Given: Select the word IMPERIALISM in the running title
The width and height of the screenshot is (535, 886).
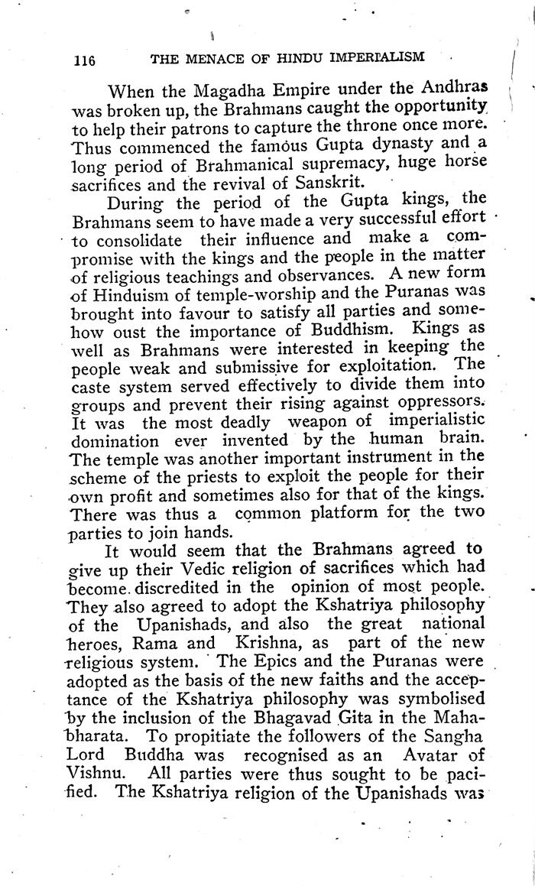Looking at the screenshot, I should tap(374, 58).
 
